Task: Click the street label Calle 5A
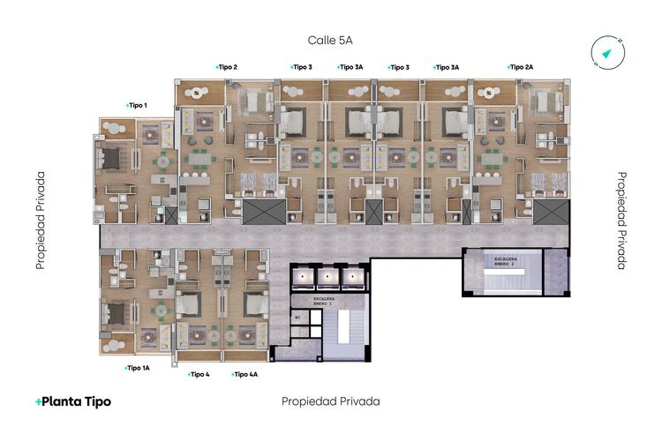pos(330,41)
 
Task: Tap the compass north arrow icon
pos(608,53)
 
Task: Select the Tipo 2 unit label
pos(227,67)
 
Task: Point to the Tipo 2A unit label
pos(521,67)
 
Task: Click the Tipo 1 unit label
pos(137,106)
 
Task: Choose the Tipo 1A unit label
pos(138,367)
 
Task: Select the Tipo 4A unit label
pos(244,374)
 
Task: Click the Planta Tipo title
pos(73,401)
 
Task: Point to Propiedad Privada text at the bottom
pos(330,401)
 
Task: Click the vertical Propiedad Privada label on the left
pos(41,220)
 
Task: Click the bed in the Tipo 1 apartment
pos(113,159)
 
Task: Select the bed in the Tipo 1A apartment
pos(115,313)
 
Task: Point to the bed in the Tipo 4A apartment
pos(256,304)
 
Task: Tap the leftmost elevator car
pos(305,277)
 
